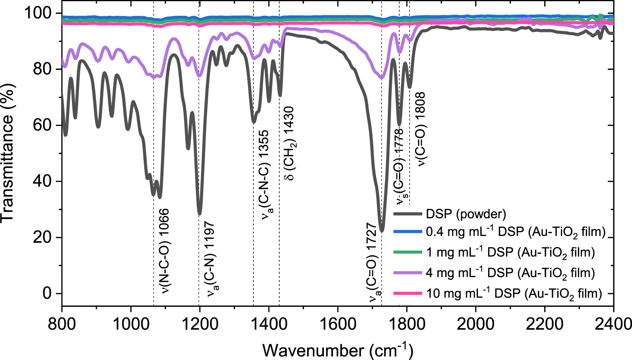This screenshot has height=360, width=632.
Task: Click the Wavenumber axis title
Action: pos(337,350)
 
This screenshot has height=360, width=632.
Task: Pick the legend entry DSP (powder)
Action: pos(466,214)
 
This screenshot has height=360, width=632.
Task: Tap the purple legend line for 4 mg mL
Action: pos(408,273)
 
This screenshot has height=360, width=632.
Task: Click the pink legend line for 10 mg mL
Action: pos(408,293)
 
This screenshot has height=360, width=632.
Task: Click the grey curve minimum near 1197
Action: pos(199,214)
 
